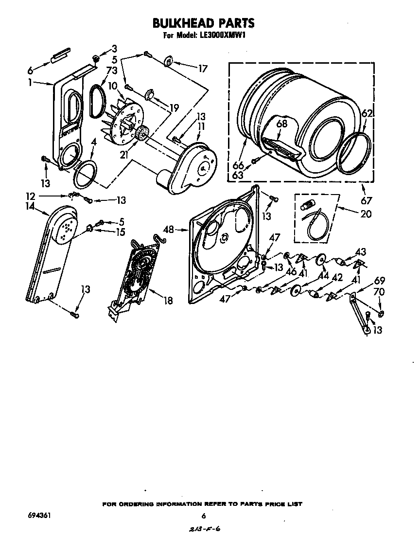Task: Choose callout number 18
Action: [x=168, y=301]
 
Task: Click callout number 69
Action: [x=379, y=281]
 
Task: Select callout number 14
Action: [x=31, y=207]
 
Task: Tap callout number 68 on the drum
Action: [x=281, y=124]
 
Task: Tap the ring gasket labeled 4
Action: [x=85, y=174]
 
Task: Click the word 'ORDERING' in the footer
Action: [x=139, y=504]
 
